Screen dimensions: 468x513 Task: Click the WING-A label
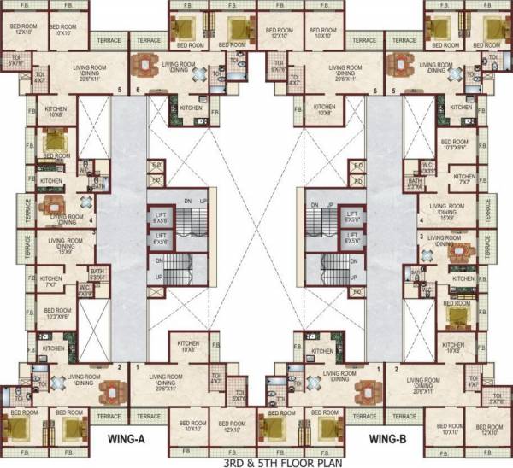coord(127,439)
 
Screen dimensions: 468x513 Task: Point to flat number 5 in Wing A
coord(120,90)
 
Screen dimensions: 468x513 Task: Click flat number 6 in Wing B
coord(375,90)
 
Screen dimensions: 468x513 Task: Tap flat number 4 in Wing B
coord(421,219)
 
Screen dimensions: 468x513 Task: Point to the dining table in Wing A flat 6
coord(151,65)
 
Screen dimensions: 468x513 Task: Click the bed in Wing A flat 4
coord(53,138)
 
